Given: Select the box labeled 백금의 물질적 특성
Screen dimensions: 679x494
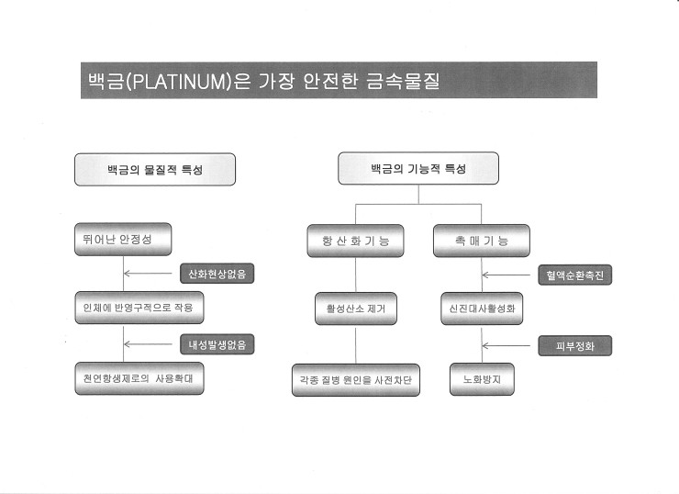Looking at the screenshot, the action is point(155,170).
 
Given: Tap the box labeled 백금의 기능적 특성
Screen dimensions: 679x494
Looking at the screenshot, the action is point(418,168).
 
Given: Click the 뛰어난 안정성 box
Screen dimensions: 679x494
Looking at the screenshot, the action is point(123,240).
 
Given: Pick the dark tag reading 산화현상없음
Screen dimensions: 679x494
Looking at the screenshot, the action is point(217,274).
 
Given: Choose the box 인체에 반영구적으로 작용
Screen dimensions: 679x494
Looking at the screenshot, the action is point(139,308).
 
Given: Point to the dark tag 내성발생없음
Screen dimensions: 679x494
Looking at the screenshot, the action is point(217,344).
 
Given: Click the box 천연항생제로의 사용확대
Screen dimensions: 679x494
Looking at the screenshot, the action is point(139,378).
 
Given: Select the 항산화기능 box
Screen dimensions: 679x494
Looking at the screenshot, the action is point(355,241).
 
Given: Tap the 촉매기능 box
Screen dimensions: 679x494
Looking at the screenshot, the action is point(482,241).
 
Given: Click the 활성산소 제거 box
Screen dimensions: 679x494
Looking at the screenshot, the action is point(356,309).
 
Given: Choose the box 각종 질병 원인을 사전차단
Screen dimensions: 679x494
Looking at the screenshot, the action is point(356,380).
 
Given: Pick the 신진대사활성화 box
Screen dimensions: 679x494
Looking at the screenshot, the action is point(482,309).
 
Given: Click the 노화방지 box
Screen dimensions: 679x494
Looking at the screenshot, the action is point(482,379).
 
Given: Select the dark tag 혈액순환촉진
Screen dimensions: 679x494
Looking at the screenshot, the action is point(575,275).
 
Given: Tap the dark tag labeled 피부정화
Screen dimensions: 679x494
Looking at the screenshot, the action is point(575,346).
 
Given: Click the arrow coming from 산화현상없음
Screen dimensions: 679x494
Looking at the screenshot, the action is point(148,274).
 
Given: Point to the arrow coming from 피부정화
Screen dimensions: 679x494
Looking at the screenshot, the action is point(506,346).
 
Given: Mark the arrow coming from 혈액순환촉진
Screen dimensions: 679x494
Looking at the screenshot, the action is point(506,275).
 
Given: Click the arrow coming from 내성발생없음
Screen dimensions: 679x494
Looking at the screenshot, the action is point(148,344).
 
